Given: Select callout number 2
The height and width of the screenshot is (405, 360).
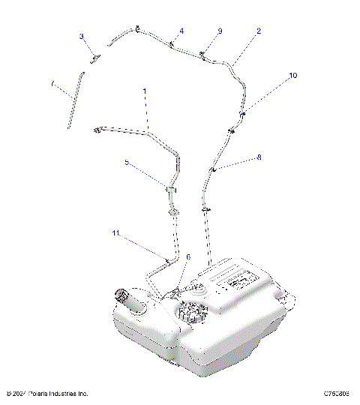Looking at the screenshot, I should pyautogui.click(x=259, y=31).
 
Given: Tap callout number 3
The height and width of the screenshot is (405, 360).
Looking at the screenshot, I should pyautogui.click(x=82, y=36).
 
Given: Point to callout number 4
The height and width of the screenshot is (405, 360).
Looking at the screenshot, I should pyautogui.click(x=181, y=31).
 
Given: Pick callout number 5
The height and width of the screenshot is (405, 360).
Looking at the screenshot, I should pyautogui.click(x=127, y=162).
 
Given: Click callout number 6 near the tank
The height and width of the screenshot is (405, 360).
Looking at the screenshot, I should pyautogui.click(x=188, y=256).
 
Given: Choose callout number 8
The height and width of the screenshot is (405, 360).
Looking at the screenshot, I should pyautogui.click(x=259, y=157).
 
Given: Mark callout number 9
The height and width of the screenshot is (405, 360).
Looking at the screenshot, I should pyautogui.click(x=220, y=31).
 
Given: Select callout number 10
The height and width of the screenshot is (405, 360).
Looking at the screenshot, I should pyautogui.click(x=292, y=76).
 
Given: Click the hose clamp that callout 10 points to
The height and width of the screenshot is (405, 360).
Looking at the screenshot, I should pyautogui.click(x=243, y=113).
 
